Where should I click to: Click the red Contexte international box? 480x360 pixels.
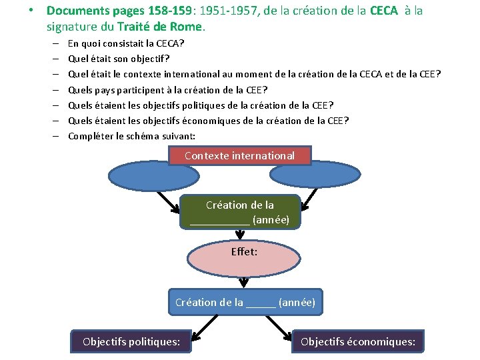239,155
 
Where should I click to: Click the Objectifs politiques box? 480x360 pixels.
131,342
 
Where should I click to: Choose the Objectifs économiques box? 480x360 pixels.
357,342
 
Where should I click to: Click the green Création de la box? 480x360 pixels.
239,212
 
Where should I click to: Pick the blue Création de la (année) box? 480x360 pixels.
245,302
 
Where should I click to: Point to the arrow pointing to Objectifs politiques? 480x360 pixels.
207,325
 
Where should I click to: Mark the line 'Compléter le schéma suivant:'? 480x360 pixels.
132,135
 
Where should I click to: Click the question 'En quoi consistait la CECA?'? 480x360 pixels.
126,43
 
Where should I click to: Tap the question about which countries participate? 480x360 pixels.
167,89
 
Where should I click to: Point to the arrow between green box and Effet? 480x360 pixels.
239,235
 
